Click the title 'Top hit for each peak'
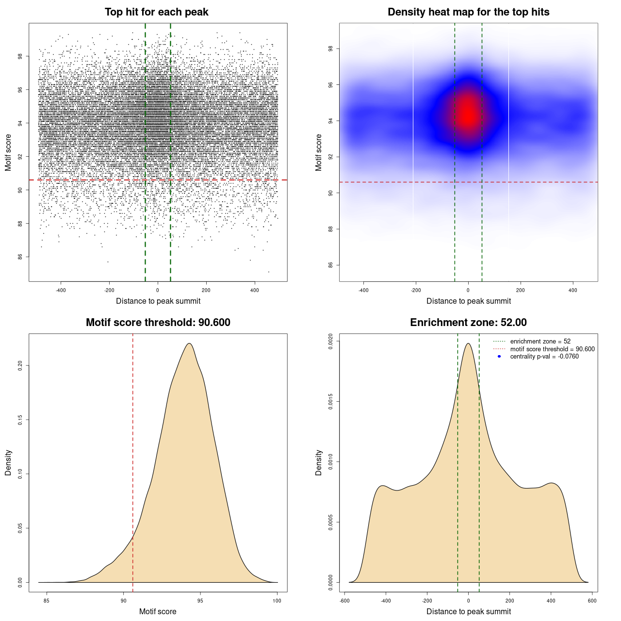[156, 12]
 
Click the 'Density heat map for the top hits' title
[468, 12]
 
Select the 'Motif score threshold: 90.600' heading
[158, 323]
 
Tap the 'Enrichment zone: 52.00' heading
[468, 323]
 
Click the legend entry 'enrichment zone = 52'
[540, 342]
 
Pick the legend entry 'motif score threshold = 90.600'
[552, 349]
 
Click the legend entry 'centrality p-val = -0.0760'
[544, 357]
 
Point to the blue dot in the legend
[499, 357]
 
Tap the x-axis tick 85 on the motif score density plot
[47, 601]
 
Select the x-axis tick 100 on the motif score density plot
[277, 601]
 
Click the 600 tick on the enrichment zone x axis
[592, 601]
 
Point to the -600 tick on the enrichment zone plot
[344, 601]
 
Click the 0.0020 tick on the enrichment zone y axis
[331, 341]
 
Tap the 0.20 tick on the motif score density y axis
[20, 365]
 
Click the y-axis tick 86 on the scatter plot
[20, 257]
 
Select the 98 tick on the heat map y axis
[331, 49]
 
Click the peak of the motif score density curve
[189, 343]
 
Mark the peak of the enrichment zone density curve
[468, 343]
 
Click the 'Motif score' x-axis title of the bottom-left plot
[158, 611]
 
